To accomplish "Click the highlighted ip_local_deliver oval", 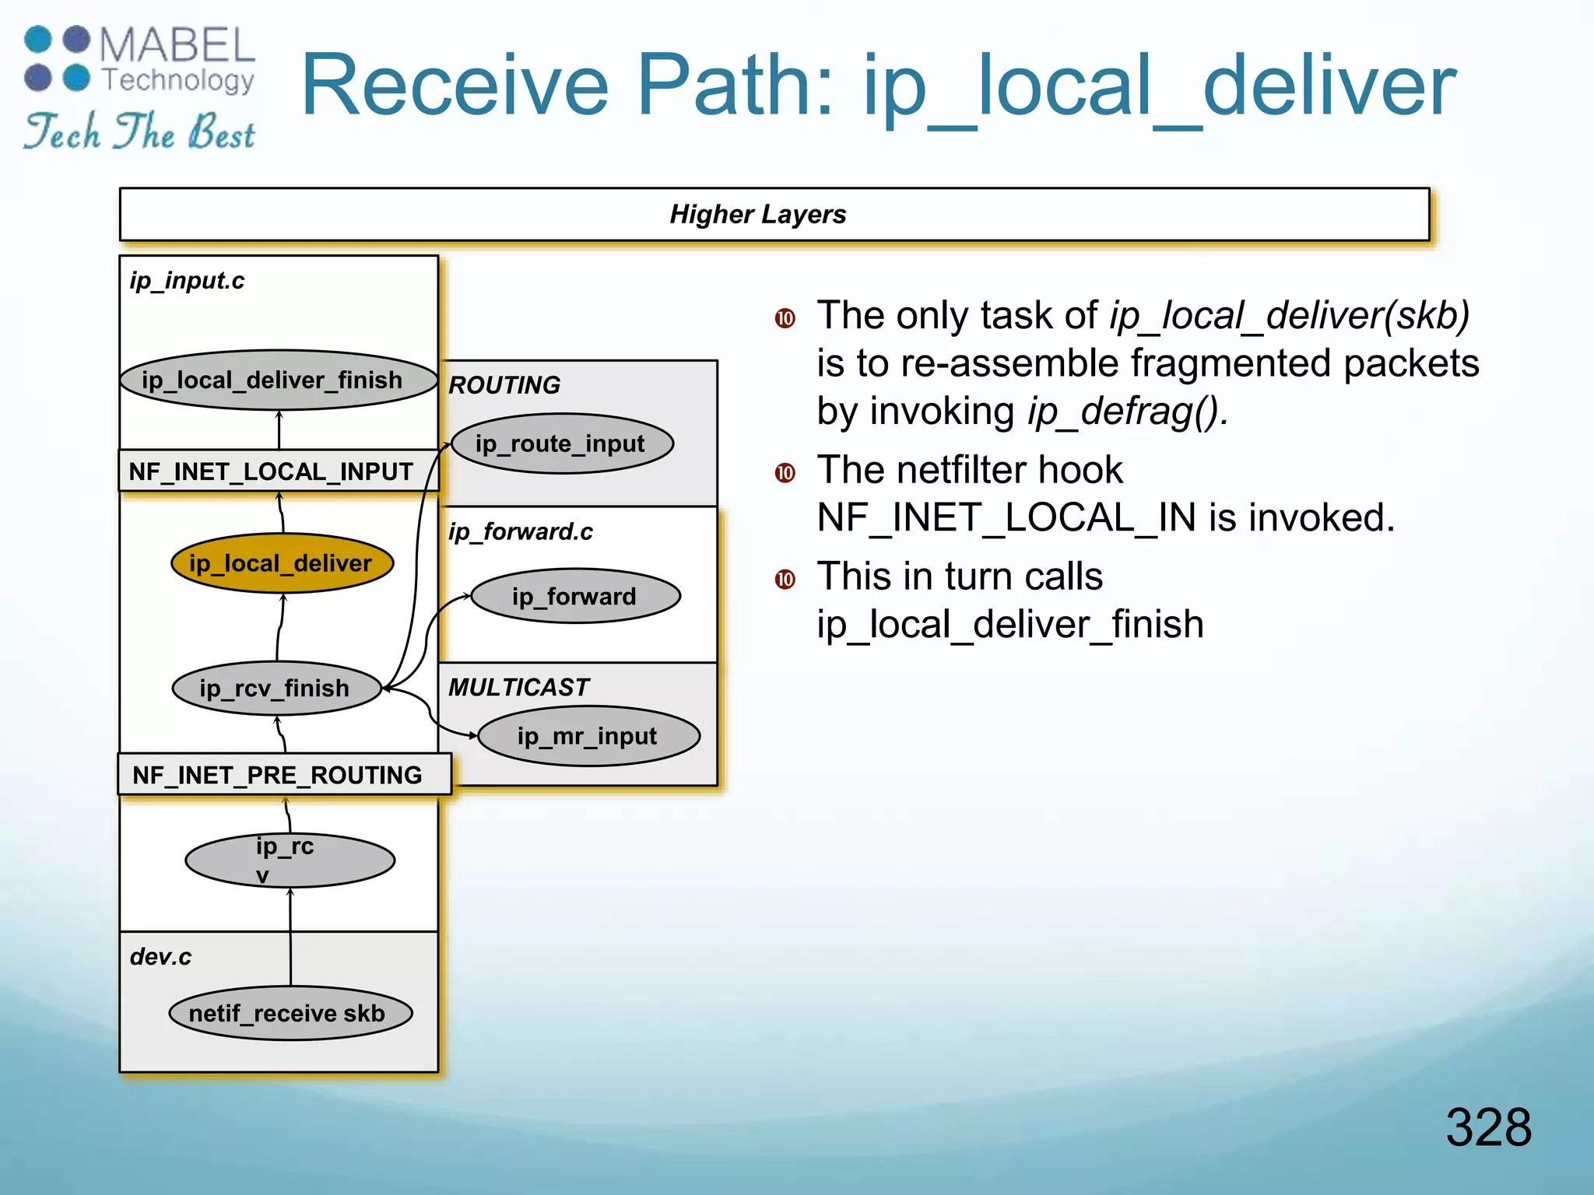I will click(282, 563).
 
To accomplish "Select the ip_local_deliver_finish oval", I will click(279, 380).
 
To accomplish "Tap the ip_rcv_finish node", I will click(276, 688).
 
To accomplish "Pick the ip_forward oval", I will click(575, 596).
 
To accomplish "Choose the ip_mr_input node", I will click(588, 735).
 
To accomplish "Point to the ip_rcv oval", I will click(290, 860).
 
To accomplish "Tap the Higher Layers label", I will click(757, 214).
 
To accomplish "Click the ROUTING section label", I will click(504, 385).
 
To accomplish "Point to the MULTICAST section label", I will click(518, 687).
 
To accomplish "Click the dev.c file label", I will click(160, 956).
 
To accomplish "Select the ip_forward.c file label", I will click(520, 531).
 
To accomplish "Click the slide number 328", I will click(1487, 1127).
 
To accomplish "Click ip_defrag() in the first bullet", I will click(1127, 412).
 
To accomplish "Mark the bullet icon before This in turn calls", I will click(785, 579).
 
